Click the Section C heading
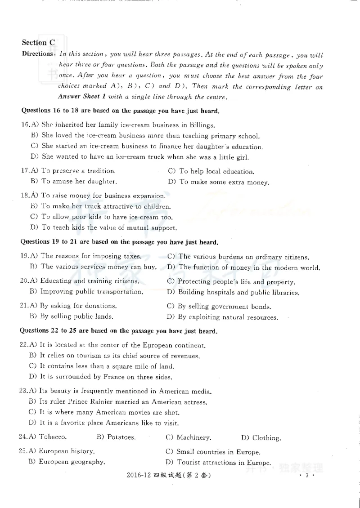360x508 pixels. [x=38, y=43]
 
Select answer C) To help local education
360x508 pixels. [x=211, y=171]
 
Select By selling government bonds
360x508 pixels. [x=219, y=307]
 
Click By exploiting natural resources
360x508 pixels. [x=222, y=317]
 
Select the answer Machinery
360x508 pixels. [x=189, y=437]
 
